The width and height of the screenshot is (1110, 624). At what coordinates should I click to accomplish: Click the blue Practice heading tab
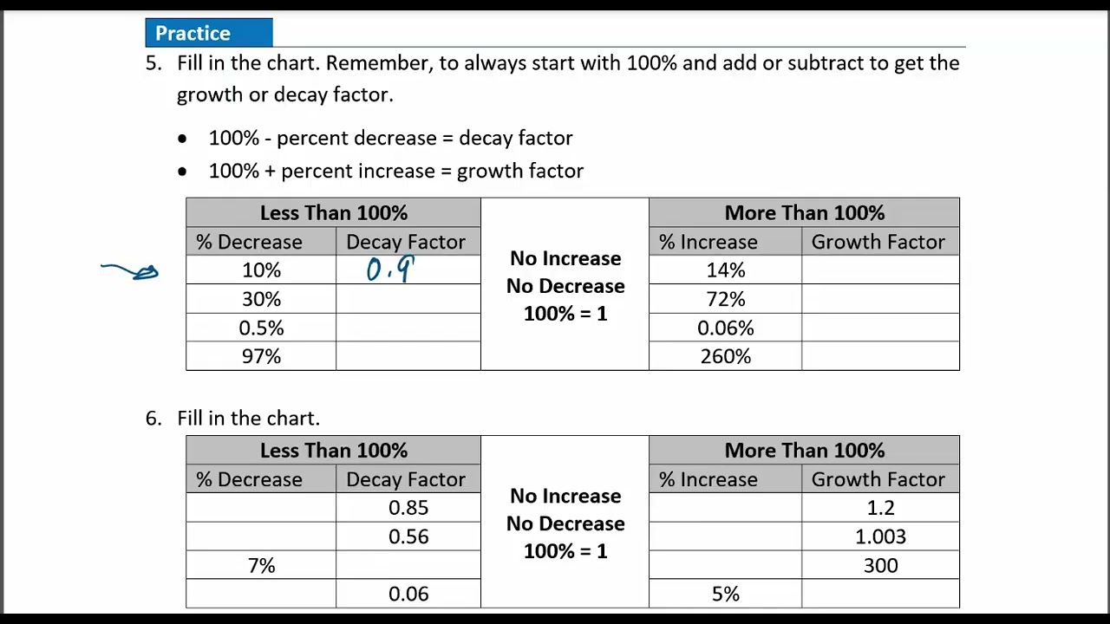(208, 33)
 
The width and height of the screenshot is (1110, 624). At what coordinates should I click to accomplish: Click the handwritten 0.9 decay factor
(390, 270)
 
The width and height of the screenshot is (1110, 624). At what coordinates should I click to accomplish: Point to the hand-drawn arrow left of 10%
(130, 271)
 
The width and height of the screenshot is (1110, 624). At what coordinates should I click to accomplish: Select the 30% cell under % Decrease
(261, 299)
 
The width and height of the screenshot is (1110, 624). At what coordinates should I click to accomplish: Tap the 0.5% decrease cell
(261, 328)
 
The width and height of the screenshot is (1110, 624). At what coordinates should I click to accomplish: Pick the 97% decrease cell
(261, 356)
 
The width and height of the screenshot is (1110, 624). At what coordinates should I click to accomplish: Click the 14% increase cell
(725, 270)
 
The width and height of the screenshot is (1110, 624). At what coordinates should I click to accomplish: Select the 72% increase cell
(725, 299)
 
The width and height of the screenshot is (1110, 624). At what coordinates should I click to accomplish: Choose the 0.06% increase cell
(725, 328)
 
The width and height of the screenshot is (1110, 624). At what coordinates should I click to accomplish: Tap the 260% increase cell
(725, 356)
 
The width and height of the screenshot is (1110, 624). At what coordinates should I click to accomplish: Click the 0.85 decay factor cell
(408, 508)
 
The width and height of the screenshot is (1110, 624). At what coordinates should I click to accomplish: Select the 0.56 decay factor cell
(408, 536)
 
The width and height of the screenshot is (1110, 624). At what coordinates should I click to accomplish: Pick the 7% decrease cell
(261, 565)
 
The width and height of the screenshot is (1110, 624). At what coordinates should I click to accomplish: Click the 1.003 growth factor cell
(880, 536)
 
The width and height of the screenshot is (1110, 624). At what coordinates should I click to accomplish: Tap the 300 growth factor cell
(880, 565)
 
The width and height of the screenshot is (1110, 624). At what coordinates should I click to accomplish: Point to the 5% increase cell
(725, 594)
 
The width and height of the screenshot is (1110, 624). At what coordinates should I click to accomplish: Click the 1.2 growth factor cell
(880, 508)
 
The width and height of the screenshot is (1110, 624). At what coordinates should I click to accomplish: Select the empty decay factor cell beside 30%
(408, 299)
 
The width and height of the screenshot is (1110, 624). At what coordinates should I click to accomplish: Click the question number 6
(153, 418)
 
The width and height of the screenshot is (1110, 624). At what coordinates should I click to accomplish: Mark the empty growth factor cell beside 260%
(880, 356)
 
